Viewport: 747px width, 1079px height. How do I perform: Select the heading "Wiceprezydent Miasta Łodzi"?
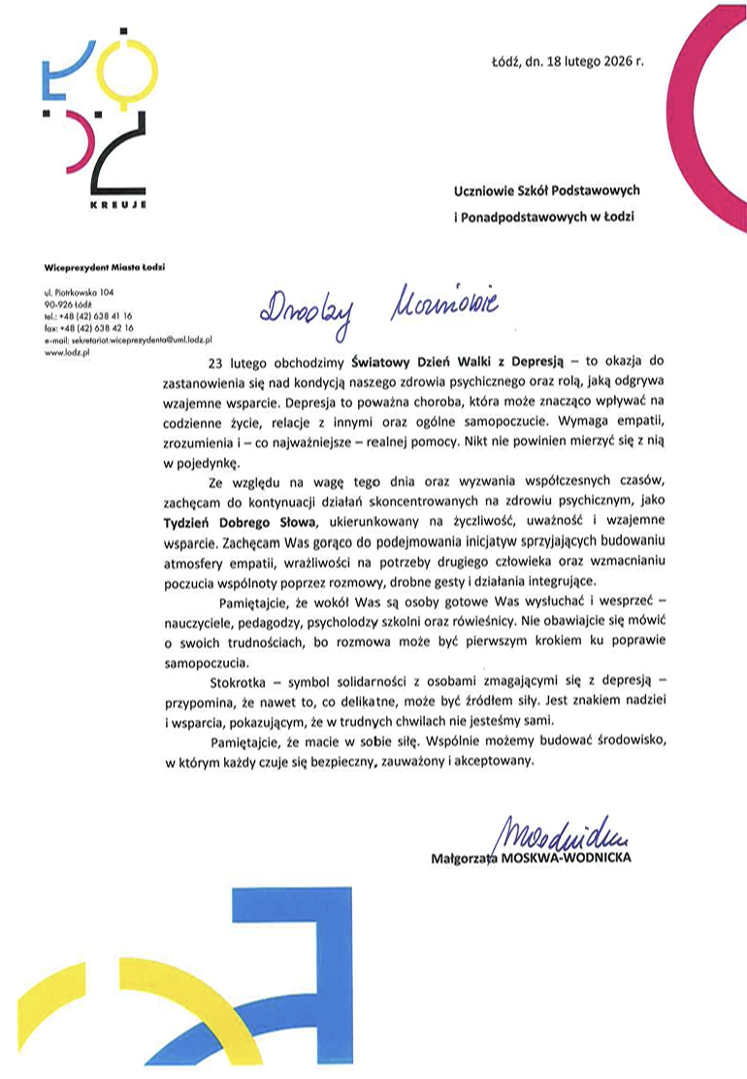click(106, 266)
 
